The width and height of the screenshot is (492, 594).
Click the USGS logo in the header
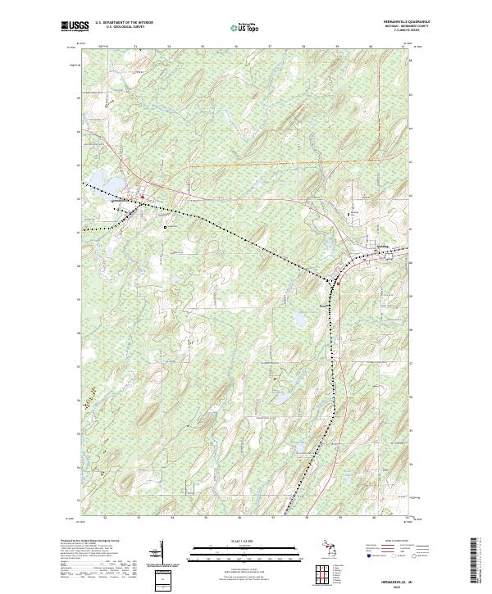[75, 26]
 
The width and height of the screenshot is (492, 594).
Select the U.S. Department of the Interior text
[124, 23]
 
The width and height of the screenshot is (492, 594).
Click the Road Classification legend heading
[386, 542]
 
